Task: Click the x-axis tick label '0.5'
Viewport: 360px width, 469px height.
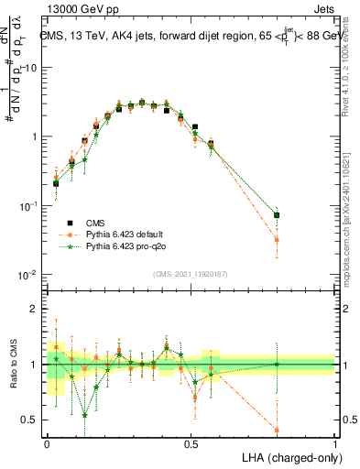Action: pyautogui.click(x=191, y=443)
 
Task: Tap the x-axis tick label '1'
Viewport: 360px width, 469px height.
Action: pyautogui.click(x=335, y=443)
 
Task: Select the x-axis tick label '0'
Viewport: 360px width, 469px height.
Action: pyautogui.click(x=47, y=443)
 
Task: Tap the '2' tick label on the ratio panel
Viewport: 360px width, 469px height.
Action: pyautogui.click(x=36, y=309)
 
